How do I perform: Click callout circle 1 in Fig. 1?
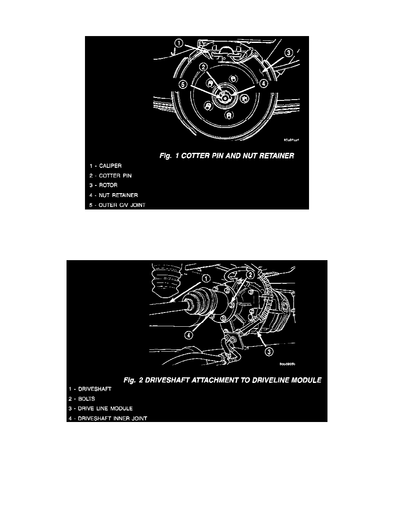pyautogui.click(x=179, y=43)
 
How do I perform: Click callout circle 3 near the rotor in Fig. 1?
pyautogui.click(x=289, y=53)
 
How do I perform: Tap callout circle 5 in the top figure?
pyautogui.click(x=183, y=85)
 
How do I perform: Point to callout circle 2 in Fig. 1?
pyautogui.click(x=204, y=67)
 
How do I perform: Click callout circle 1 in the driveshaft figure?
pyautogui.click(x=206, y=279)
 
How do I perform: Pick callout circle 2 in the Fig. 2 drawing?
pyautogui.click(x=250, y=274)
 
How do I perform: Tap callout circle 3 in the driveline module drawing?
pyautogui.click(x=268, y=352)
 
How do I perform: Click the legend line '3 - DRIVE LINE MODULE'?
pyautogui.click(x=100, y=408)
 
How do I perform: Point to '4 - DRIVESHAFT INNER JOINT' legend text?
pyautogui.click(x=107, y=418)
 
